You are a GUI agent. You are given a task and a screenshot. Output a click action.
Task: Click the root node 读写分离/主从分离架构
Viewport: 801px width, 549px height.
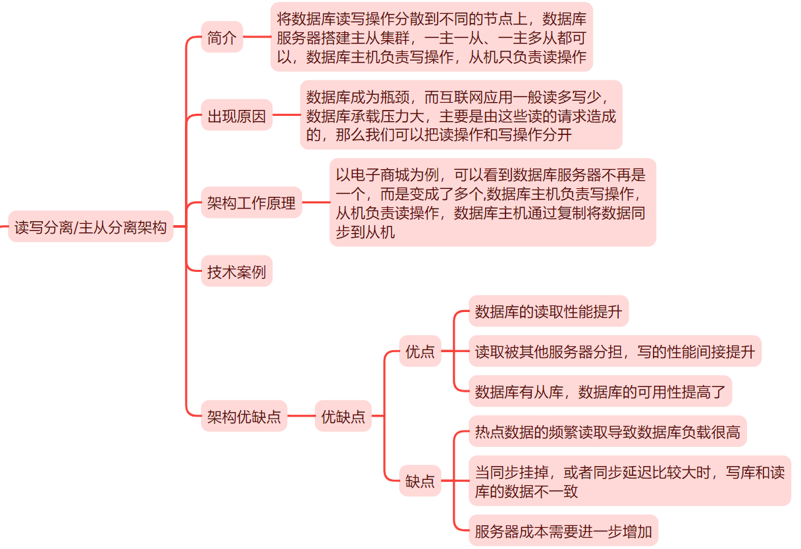[x=91, y=227]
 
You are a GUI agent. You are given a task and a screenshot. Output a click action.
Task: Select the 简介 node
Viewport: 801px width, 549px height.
[x=222, y=38]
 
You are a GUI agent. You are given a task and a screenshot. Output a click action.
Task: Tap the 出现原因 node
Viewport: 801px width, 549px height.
[x=236, y=116]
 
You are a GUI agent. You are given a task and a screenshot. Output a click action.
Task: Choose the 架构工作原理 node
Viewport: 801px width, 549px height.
[x=251, y=203]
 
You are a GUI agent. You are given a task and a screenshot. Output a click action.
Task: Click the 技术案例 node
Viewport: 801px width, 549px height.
[x=236, y=271]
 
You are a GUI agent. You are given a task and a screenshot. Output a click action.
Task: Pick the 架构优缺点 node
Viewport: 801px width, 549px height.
[x=244, y=416]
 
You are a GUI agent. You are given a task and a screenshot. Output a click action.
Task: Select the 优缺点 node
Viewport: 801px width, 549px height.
[x=343, y=416]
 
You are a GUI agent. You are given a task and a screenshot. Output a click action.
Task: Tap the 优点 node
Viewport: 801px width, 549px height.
[x=420, y=352]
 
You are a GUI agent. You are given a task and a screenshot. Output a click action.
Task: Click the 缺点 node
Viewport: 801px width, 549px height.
[x=420, y=481]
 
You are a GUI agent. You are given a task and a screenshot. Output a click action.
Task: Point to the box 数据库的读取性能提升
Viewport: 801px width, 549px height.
[x=548, y=311]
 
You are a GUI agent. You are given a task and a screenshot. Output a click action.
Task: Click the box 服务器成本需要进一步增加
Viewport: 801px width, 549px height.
[x=563, y=531]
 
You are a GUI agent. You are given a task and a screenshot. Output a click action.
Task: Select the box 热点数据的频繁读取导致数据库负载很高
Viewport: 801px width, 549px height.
[x=607, y=432]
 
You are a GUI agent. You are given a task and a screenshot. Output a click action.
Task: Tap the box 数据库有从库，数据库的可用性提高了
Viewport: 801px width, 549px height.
[x=600, y=392]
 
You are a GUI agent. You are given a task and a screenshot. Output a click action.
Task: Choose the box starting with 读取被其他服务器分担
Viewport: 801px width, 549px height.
[x=615, y=352]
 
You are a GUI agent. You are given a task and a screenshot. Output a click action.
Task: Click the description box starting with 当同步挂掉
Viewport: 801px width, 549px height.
[x=629, y=481]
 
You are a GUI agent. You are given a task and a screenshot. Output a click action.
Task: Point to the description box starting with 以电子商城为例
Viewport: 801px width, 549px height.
[x=492, y=203]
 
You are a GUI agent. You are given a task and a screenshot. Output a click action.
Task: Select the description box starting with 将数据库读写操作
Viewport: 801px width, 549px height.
[x=431, y=38]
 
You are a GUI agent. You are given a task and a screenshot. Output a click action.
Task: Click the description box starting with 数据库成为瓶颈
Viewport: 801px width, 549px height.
[x=461, y=116]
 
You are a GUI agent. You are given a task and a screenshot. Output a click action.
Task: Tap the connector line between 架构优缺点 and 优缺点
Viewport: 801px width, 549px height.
[x=301, y=416]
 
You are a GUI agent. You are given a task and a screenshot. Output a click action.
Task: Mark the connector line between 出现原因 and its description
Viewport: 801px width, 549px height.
[x=286, y=116]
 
